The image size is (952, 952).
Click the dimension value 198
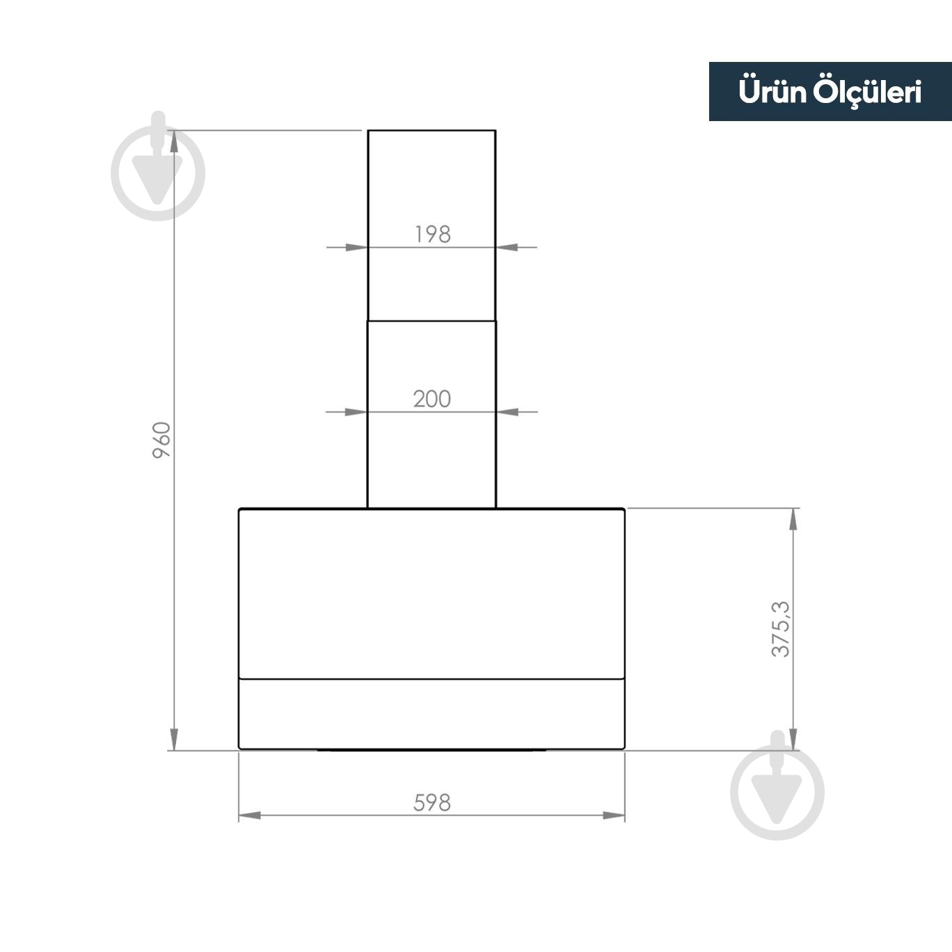[432, 234]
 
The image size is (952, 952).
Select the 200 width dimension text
[431, 399]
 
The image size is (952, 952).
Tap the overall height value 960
[161, 440]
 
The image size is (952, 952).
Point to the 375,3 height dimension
[781, 629]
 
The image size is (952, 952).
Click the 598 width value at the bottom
[431, 803]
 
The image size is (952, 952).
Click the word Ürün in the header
[772, 91]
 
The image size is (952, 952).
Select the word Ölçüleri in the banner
[868, 93]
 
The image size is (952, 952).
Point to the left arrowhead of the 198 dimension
[357, 247]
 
